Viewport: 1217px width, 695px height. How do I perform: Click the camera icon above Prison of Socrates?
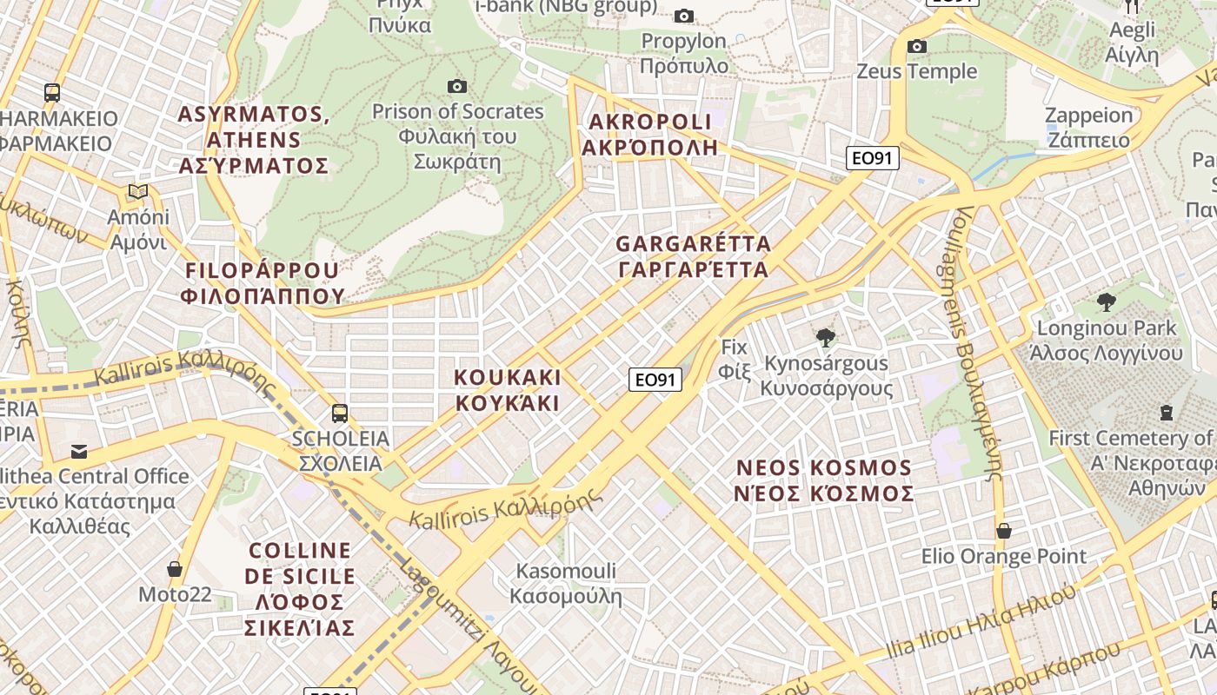click(456, 86)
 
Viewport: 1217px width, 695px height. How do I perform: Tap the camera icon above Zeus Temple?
click(916, 46)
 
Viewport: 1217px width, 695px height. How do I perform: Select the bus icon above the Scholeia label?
click(340, 413)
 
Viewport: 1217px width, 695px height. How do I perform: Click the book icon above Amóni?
click(138, 191)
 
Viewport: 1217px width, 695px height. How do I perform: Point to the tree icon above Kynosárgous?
click(826, 337)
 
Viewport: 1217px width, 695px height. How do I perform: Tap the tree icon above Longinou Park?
click(1106, 302)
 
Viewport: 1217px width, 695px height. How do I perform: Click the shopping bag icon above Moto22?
click(175, 569)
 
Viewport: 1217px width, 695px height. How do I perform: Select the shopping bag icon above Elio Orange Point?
click(1004, 530)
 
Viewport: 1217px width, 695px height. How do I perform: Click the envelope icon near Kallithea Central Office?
click(79, 451)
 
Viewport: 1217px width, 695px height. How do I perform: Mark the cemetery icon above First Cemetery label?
click(1166, 412)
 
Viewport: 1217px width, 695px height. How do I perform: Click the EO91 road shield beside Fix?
click(655, 380)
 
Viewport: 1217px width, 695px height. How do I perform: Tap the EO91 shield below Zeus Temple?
click(873, 158)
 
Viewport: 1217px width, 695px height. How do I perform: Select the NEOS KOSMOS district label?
click(824, 480)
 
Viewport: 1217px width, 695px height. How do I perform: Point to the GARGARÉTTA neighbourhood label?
click(693, 256)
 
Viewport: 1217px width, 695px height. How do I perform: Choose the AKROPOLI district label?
click(648, 134)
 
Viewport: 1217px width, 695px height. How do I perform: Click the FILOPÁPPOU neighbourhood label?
click(263, 283)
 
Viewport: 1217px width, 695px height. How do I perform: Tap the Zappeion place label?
click(1088, 127)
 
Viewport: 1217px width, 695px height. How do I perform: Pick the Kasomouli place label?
click(566, 583)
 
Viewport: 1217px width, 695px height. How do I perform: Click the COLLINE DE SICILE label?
click(300, 589)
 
